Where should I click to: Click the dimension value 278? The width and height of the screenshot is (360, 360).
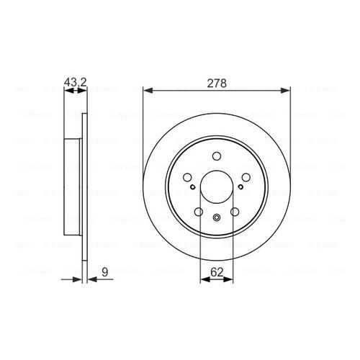(217, 84)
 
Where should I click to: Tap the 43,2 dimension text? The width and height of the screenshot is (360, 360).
(75, 83)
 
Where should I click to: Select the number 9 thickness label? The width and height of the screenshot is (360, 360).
(105, 272)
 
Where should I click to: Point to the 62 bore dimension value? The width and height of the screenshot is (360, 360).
(217, 272)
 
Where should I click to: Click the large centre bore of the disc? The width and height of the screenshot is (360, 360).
(217, 187)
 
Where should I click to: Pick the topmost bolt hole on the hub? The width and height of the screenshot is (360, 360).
(217, 156)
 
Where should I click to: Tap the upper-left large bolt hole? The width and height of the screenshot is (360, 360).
(187, 178)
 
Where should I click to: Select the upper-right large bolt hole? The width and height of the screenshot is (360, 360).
(246, 178)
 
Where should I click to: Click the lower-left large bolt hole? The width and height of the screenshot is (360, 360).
(199, 212)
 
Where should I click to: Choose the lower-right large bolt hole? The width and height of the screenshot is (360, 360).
(235, 212)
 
